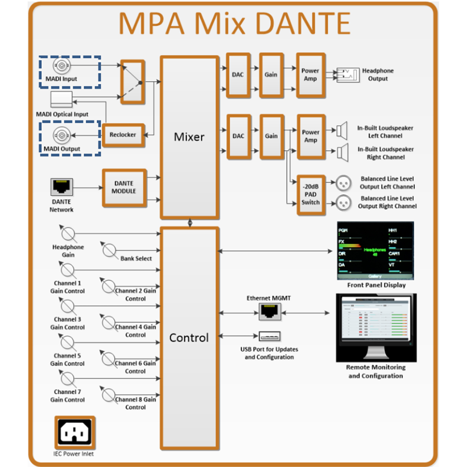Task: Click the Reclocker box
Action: coord(123,135)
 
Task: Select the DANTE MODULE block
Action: coord(124,188)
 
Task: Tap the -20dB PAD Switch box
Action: coord(310,195)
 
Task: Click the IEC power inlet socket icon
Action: coord(75,433)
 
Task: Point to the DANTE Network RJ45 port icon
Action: coord(62,186)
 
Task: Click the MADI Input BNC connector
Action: coord(62,66)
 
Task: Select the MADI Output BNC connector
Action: coord(62,135)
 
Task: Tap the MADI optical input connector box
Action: coord(61,99)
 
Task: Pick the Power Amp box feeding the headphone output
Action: coord(310,75)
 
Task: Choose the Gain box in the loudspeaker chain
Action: coord(271,136)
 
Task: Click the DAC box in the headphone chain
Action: coord(238,75)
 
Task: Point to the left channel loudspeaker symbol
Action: coord(342,130)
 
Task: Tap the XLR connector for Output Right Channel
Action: coord(343,203)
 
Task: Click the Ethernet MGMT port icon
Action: coord(270,312)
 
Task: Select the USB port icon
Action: coord(269,336)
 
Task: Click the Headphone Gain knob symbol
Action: coord(68,233)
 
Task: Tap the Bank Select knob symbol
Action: coord(109,250)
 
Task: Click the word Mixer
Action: coord(189,137)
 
